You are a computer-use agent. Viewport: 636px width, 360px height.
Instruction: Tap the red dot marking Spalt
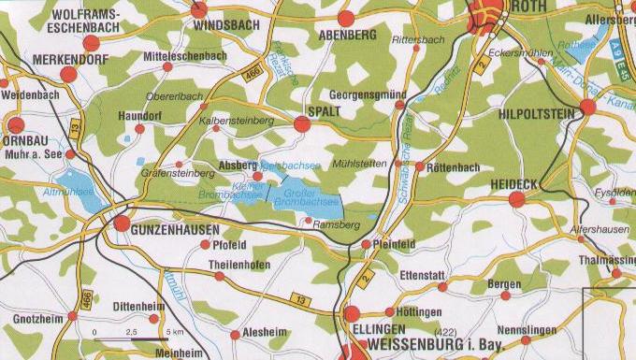point(301,123)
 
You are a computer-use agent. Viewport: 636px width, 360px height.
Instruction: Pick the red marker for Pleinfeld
point(366,244)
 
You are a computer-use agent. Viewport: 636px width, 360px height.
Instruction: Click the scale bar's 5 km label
point(174,333)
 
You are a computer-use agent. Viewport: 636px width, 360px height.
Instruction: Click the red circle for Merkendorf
point(67,74)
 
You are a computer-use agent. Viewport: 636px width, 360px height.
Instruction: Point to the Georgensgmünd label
point(368,95)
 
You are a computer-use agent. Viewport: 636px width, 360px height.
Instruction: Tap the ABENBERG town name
point(347,35)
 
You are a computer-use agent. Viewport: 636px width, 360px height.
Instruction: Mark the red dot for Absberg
point(257,176)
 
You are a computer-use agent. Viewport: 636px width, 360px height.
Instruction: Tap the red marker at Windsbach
point(199,10)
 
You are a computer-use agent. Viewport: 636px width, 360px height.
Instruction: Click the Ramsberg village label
point(337,225)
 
